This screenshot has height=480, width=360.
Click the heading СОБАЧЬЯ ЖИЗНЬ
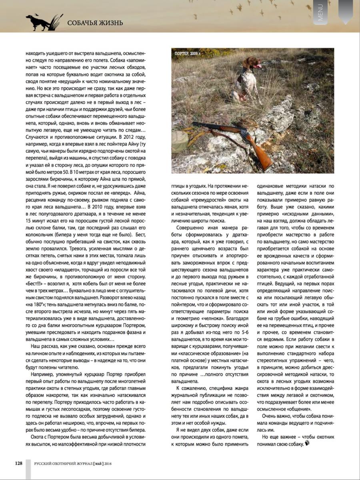click(x=95, y=23)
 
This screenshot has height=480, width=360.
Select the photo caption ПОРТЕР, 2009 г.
click(x=188, y=53)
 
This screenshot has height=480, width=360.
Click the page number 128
click(x=18, y=463)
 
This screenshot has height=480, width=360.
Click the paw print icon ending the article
click(x=307, y=444)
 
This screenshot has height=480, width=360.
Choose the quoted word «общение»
click(x=297, y=409)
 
